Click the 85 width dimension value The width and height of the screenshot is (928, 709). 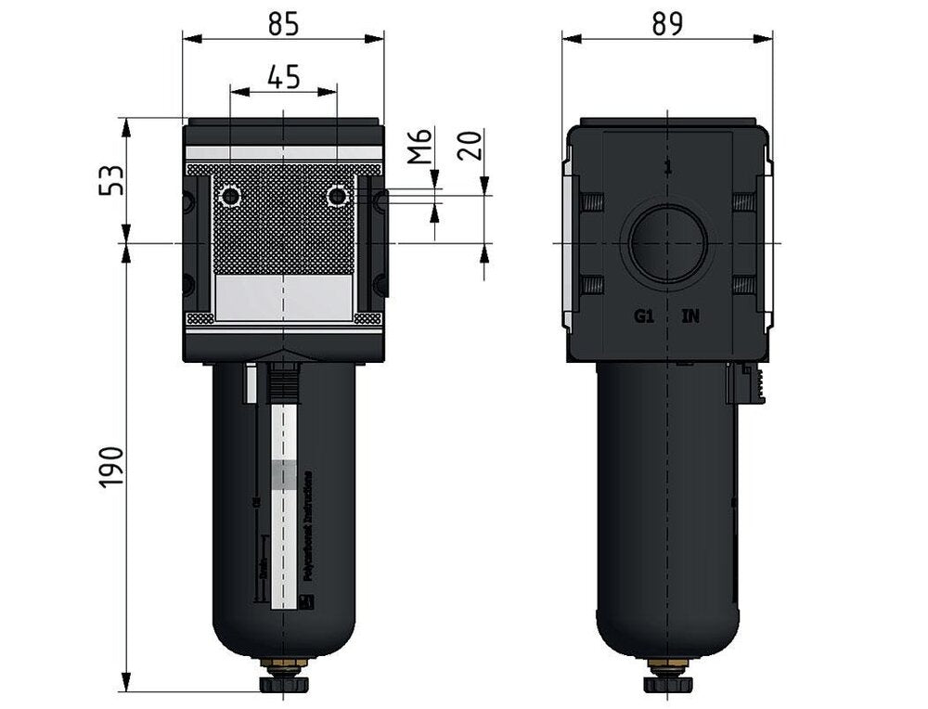(284, 25)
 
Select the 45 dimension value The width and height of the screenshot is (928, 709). (284, 77)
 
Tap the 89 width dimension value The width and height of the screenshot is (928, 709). (667, 25)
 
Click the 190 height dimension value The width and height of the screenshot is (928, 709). (111, 467)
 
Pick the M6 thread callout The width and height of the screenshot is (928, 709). (421, 147)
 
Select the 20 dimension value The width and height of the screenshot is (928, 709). (470, 145)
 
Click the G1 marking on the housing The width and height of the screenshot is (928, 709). (644, 316)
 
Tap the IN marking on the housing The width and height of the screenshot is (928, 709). (691, 316)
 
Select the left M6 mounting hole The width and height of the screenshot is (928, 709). (229, 197)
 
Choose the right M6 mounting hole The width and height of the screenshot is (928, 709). (338, 197)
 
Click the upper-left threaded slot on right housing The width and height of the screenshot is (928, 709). (592, 201)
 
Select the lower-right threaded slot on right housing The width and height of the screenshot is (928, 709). (742, 284)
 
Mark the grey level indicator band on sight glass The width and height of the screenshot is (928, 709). (288, 473)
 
